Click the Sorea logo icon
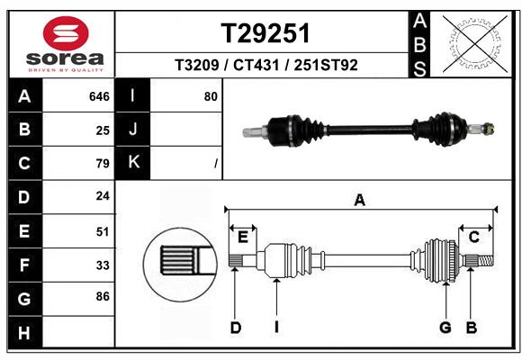point(66,33)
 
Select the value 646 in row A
point(99,96)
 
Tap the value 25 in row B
point(103,130)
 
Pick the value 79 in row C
point(103,164)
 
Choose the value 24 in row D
point(103,195)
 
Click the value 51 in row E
point(103,230)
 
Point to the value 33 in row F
point(103,265)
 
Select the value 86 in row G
point(103,295)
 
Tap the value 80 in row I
point(211,95)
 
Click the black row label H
point(24,333)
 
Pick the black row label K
point(133,163)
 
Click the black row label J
point(133,130)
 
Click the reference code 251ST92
point(323,67)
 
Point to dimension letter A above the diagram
point(360,201)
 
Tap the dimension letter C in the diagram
point(473,237)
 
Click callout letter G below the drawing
point(445,328)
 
